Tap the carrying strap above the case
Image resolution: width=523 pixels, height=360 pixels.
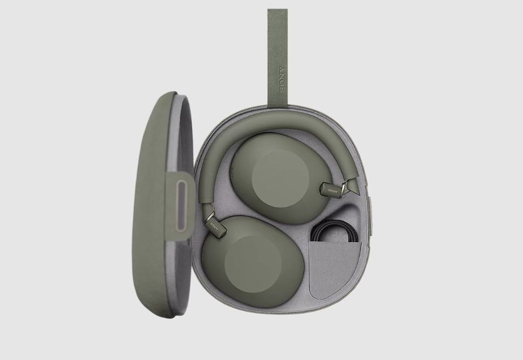[277, 57]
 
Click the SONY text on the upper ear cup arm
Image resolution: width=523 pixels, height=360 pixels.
[332, 191]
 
